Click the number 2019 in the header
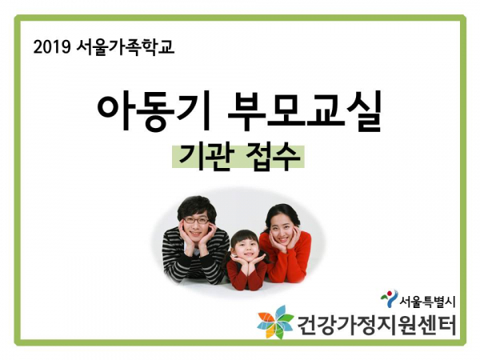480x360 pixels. tap(52, 47)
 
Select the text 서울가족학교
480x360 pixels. tap(126, 47)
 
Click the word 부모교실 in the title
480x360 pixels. tap(304, 110)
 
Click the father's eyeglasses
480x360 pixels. tap(196, 220)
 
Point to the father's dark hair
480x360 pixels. tap(197, 206)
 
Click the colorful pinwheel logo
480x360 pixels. tap(276, 322)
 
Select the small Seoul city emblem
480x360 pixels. tap(389, 298)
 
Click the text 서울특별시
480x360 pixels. tap(427, 302)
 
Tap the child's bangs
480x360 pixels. tap(244, 237)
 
